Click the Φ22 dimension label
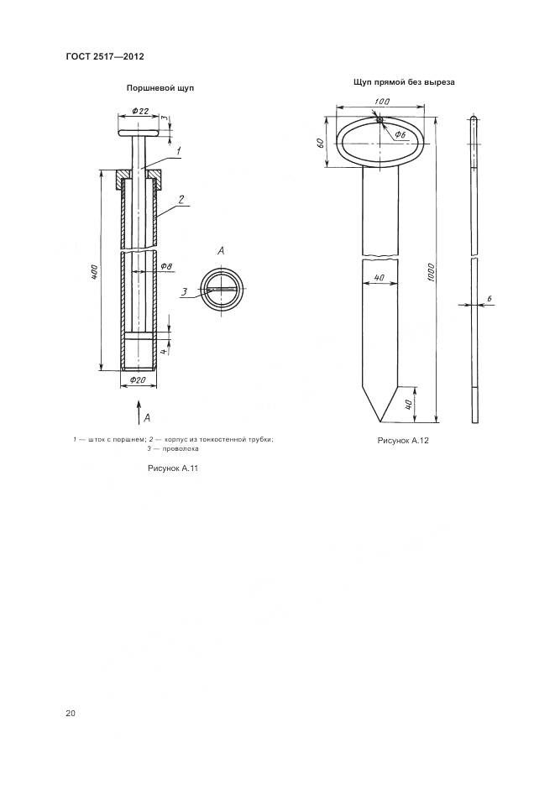point(140,111)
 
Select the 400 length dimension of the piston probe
point(95,271)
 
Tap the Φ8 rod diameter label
point(166,267)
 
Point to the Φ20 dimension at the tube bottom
point(138,380)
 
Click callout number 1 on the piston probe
point(178,149)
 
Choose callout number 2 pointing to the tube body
point(181,199)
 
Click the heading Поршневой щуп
point(160,88)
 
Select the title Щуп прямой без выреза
point(404,82)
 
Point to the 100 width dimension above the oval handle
point(382,102)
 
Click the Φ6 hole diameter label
point(400,134)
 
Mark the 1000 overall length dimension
point(431,272)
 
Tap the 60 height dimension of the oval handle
point(321,142)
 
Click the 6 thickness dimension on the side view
point(489,299)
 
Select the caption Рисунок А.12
point(403,441)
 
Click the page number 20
point(70,714)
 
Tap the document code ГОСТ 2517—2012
point(105,56)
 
